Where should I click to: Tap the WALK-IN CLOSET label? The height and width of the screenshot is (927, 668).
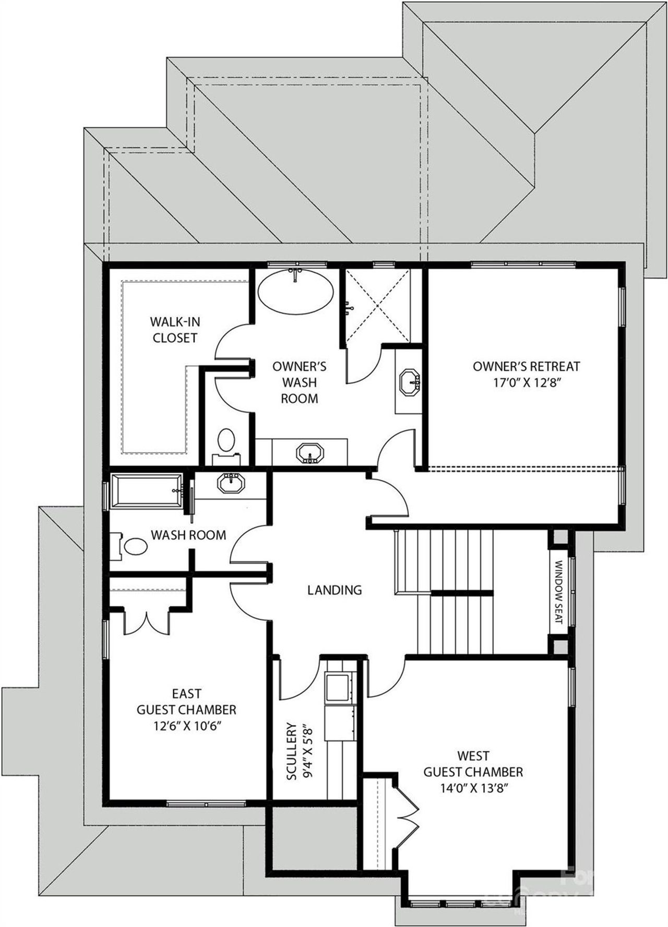pyautogui.click(x=175, y=329)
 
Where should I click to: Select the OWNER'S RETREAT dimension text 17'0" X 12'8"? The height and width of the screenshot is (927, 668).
pyautogui.click(x=526, y=382)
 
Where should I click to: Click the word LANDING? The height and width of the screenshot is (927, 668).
pyautogui.click(x=334, y=590)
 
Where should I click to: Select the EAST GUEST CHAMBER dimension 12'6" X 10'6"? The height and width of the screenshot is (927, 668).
pyautogui.click(x=186, y=726)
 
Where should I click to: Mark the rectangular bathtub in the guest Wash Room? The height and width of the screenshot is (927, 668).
pyautogui.click(x=146, y=490)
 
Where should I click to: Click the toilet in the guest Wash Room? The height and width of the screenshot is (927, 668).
pyautogui.click(x=135, y=546)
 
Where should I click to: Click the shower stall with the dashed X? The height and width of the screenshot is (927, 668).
pyautogui.click(x=376, y=305)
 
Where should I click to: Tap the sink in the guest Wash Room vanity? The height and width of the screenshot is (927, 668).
pyautogui.click(x=231, y=483)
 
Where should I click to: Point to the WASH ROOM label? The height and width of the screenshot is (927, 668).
pyautogui.click(x=188, y=535)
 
